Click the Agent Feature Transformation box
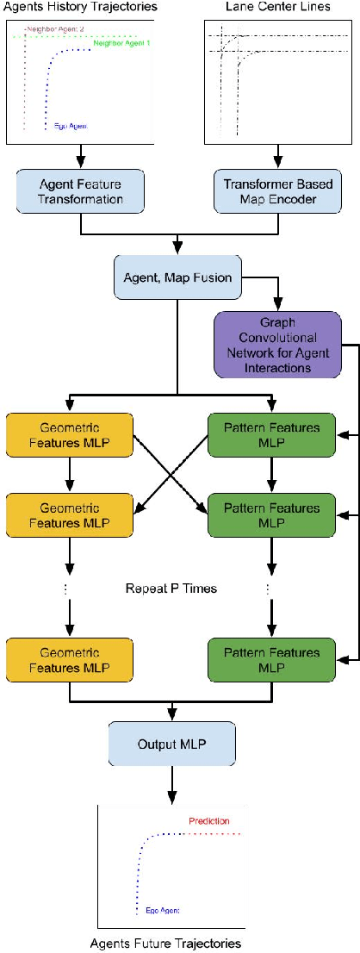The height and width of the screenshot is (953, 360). [x=81, y=190]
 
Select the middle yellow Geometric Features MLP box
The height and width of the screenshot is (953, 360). [x=70, y=514]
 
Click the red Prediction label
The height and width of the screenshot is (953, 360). [x=209, y=820]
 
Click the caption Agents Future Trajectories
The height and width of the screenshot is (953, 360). [x=165, y=943]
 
